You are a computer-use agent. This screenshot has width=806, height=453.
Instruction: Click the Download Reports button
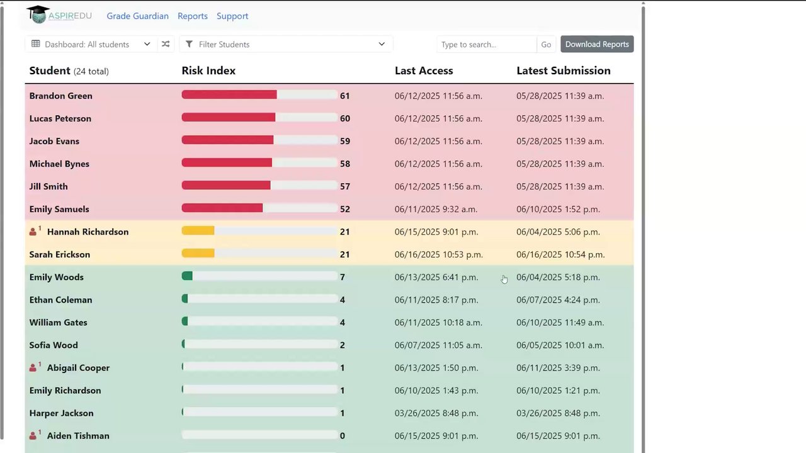click(x=597, y=44)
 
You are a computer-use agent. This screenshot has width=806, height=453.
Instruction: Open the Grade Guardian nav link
click(x=137, y=16)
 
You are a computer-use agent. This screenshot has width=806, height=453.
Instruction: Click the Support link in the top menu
click(x=232, y=16)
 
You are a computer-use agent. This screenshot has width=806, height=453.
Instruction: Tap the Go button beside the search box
click(x=546, y=44)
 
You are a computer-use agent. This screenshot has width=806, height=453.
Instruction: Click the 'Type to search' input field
click(x=487, y=44)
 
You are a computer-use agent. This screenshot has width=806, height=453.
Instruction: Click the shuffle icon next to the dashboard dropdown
click(x=166, y=44)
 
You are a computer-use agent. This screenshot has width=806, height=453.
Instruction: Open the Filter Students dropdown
click(x=286, y=44)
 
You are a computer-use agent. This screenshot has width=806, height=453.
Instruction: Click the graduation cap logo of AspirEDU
click(x=38, y=14)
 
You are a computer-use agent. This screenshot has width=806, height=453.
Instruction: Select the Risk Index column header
click(x=208, y=70)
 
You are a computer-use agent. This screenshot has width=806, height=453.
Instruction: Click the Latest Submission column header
click(x=564, y=70)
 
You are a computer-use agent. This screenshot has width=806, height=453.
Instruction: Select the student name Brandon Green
click(x=61, y=96)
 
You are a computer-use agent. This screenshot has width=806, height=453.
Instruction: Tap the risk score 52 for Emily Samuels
click(x=344, y=210)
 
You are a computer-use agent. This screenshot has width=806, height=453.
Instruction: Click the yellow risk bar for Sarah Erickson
click(x=198, y=253)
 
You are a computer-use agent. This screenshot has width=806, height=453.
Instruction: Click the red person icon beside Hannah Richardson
click(x=33, y=232)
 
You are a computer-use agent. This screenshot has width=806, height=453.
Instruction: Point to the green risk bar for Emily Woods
click(x=187, y=276)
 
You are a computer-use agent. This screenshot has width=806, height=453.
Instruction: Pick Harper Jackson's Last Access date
click(x=436, y=413)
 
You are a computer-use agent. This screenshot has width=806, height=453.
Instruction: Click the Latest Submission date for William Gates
click(x=560, y=323)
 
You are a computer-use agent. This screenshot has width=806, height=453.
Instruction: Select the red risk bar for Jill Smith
click(x=226, y=185)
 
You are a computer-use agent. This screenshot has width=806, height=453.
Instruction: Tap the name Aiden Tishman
click(x=78, y=436)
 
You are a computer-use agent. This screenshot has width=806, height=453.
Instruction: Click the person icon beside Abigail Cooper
click(x=33, y=368)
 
